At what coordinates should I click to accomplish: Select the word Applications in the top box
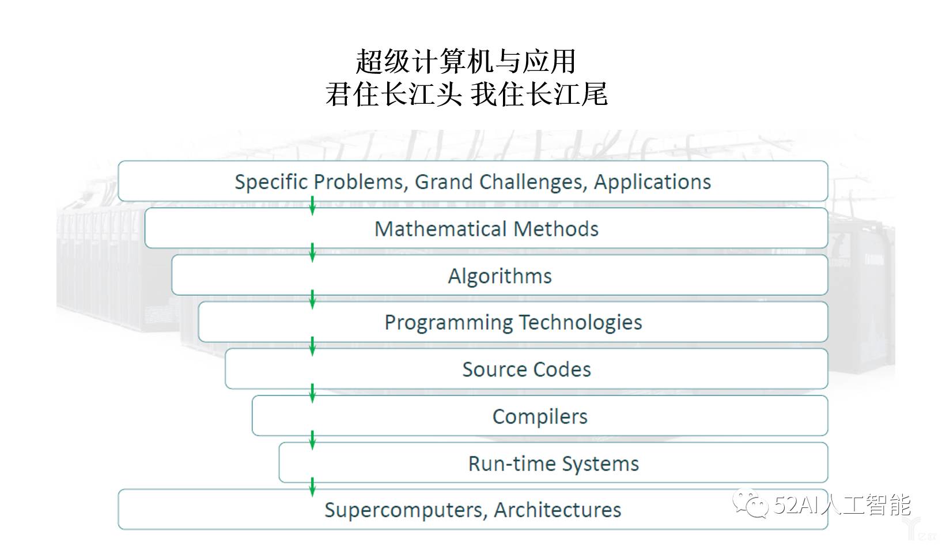click(652, 182)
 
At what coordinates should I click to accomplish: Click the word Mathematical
click(441, 229)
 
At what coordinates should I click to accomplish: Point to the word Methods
click(556, 229)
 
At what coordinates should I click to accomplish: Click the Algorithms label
click(500, 276)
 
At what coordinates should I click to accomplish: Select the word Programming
click(448, 323)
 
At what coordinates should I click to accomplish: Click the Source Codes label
click(526, 370)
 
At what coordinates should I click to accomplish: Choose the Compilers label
click(540, 416)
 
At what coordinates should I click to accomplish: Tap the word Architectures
click(557, 510)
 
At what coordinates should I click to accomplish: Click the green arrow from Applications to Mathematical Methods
click(312, 206)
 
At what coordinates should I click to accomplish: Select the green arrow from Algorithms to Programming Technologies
click(312, 299)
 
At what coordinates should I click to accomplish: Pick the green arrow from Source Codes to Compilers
click(312, 393)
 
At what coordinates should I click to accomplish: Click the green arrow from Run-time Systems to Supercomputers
click(312, 487)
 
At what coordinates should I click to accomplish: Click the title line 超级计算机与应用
click(466, 62)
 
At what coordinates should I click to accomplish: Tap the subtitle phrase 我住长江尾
click(539, 94)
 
